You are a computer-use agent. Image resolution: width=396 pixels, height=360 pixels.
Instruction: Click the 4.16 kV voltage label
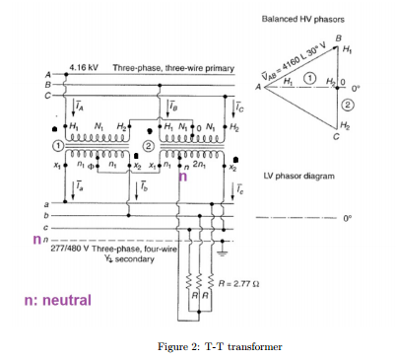pyautogui.click(x=83, y=67)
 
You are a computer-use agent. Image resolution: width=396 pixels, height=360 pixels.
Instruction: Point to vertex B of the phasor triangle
pyautogui.click(x=338, y=40)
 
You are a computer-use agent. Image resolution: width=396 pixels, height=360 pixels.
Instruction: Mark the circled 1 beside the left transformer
pyautogui.click(x=57, y=145)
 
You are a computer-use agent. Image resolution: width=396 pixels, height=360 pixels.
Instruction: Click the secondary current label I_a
pyautogui.click(x=78, y=184)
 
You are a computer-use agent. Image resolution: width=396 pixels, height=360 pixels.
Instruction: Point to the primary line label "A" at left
pyautogui.click(x=45, y=75)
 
